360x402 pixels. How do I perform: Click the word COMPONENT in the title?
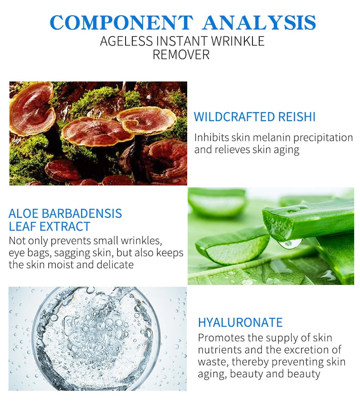[x=121, y=23]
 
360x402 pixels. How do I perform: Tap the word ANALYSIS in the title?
[x=260, y=23]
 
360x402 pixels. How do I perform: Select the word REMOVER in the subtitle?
[x=181, y=54]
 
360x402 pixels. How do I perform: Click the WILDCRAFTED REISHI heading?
[x=254, y=117]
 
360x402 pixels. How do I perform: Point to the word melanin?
[x=272, y=138]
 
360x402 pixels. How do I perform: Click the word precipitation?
[x=323, y=138]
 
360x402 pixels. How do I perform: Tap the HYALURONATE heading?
[x=240, y=322]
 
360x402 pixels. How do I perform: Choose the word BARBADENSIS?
[x=81, y=213]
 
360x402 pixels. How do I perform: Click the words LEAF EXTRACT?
[x=49, y=226]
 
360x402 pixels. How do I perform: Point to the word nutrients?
[x=220, y=350]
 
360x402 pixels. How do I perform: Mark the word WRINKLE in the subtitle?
[x=238, y=41]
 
